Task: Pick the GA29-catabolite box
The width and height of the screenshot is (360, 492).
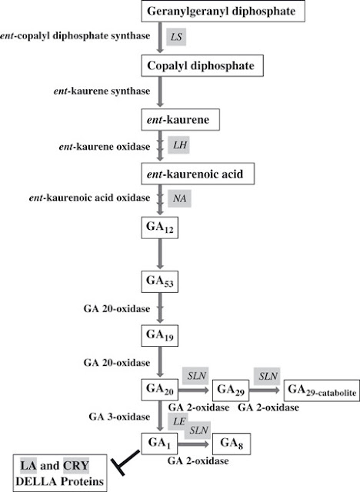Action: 322,390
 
